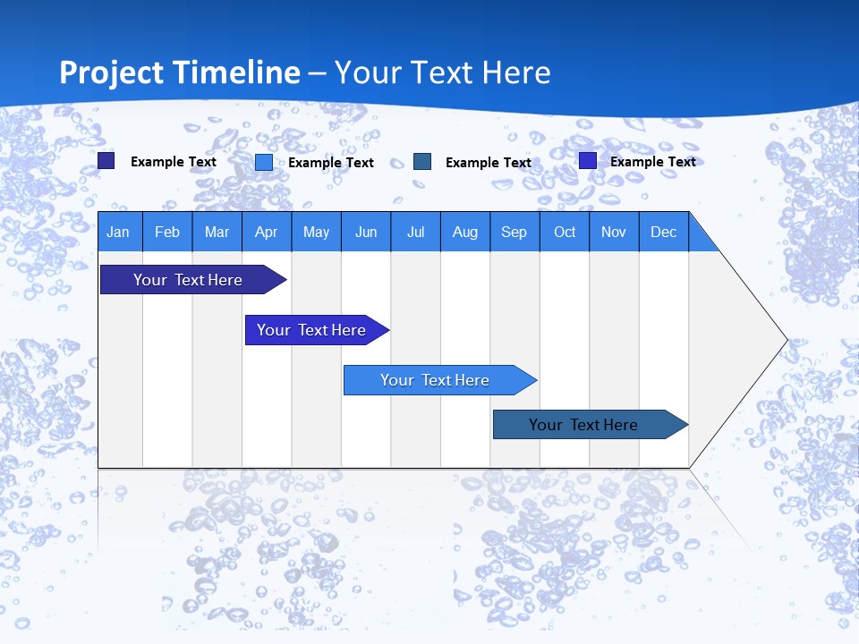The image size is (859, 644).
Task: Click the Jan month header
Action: (118, 232)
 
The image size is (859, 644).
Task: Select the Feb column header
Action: (167, 232)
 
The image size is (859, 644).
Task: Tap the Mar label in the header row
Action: (217, 232)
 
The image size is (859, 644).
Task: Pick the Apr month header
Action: (267, 232)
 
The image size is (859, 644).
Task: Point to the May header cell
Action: (316, 232)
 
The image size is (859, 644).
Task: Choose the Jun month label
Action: (366, 232)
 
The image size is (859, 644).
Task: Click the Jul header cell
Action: (415, 232)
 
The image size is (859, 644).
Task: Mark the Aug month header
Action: (465, 232)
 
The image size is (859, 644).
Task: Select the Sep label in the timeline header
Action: (515, 232)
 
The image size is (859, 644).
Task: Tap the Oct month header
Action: (565, 232)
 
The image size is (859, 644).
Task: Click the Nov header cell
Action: (614, 232)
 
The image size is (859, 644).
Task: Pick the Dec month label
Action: (664, 232)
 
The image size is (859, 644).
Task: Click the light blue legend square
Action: (264, 162)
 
